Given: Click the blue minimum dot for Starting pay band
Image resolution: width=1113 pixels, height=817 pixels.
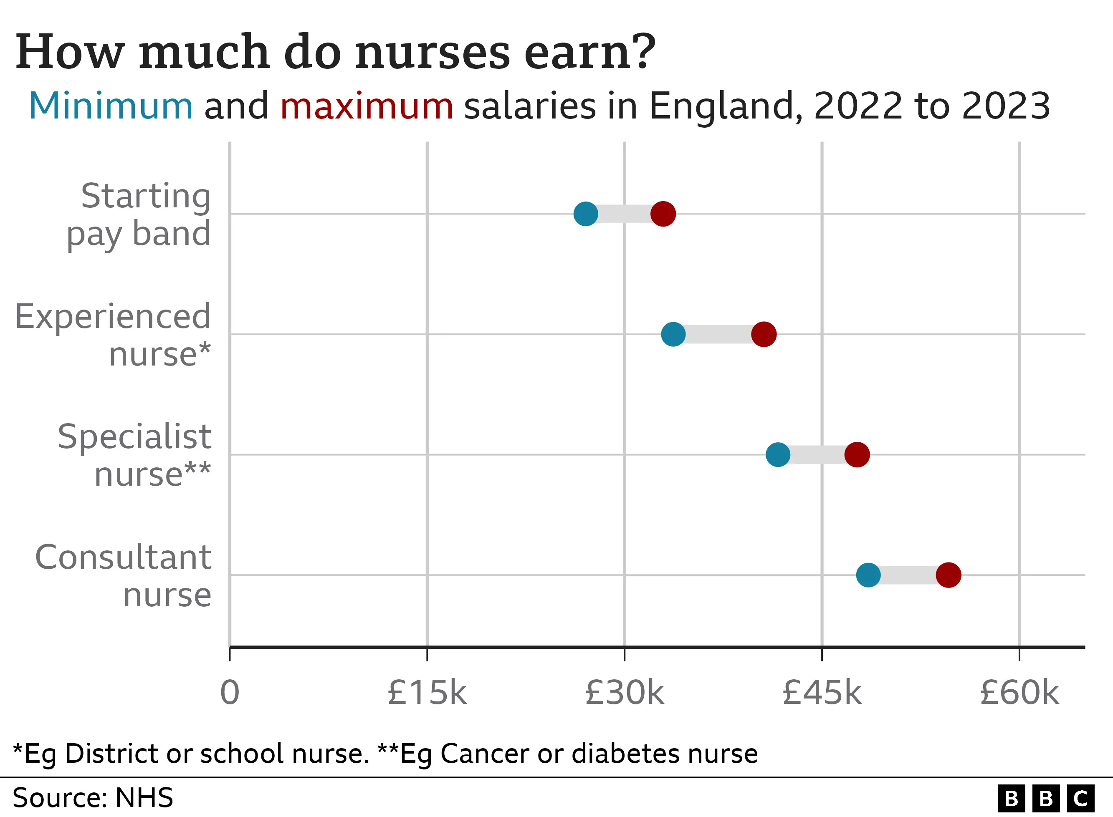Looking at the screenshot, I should pyautogui.click(x=586, y=214).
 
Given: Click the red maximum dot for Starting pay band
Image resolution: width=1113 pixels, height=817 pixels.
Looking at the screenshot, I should pyautogui.click(x=663, y=214).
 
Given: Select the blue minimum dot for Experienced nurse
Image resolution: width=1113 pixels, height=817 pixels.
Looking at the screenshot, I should pyautogui.click(x=673, y=334).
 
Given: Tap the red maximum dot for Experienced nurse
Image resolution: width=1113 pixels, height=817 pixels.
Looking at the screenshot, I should pyautogui.click(x=764, y=334).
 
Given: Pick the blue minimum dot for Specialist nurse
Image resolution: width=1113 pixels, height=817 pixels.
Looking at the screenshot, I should pyautogui.click(x=778, y=454).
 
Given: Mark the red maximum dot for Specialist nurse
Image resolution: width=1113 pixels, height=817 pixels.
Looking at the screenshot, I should pyautogui.click(x=857, y=454).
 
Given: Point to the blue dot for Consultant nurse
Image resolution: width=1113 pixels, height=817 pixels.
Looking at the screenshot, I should pyautogui.click(x=868, y=575).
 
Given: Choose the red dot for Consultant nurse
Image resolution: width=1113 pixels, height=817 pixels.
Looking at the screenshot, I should pyautogui.click(x=948, y=575).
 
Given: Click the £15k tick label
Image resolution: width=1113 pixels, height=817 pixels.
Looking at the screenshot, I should pyautogui.click(x=427, y=693).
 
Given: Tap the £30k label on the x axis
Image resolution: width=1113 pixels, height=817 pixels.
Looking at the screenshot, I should pyautogui.click(x=624, y=693).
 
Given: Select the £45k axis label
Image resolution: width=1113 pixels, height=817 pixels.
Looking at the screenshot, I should pyautogui.click(x=822, y=693).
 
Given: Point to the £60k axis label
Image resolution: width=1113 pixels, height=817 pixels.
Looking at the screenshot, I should pyautogui.click(x=1019, y=693).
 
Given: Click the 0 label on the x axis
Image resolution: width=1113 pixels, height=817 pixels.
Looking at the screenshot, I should pyautogui.click(x=230, y=693).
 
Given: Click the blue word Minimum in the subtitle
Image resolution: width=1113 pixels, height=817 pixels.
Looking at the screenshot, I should pyautogui.click(x=110, y=106).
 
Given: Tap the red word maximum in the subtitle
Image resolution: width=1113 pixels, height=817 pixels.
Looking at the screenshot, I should pyautogui.click(x=367, y=106).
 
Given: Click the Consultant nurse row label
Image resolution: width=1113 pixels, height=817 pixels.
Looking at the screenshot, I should pyautogui.click(x=124, y=576).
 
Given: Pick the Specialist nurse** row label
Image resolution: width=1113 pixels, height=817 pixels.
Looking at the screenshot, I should pyautogui.click(x=134, y=455).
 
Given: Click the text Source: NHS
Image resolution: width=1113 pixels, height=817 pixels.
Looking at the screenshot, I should pyautogui.click(x=93, y=798).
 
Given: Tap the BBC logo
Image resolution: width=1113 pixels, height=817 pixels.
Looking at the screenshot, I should pyautogui.click(x=1046, y=798).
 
